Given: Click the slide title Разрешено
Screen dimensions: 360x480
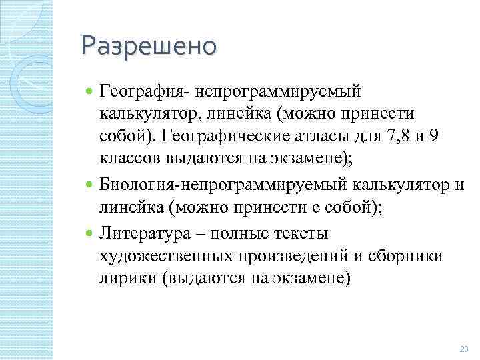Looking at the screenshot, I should click(x=149, y=46).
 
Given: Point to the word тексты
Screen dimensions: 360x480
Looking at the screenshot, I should click(x=305, y=235).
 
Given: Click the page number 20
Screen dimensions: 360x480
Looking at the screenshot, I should click(x=465, y=348).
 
